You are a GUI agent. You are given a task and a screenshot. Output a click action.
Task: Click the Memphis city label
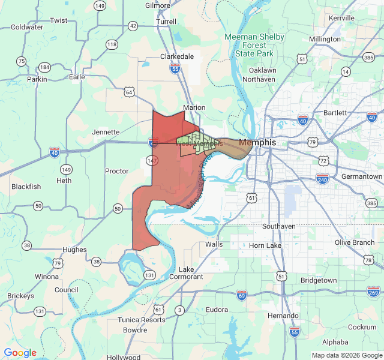(257, 143)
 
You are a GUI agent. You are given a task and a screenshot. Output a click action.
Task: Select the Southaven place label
(279, 226)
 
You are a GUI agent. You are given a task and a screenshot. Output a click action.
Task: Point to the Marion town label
(194, 108)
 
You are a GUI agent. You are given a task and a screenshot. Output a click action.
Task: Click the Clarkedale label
(177, 56)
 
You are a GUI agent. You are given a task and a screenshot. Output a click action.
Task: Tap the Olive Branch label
(355, 242)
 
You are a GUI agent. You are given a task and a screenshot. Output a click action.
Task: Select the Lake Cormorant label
(187, 273)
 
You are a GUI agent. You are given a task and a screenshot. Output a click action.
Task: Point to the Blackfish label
(26, 187)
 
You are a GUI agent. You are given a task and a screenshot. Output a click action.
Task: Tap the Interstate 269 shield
(373, 292)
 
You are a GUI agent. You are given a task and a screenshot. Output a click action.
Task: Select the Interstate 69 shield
(242, 295)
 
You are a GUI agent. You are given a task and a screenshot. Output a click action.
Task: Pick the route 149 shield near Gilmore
(100, 5)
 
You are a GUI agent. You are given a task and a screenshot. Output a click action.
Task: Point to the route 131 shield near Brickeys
(40, 311)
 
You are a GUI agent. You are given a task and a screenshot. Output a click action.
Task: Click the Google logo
(20, 353)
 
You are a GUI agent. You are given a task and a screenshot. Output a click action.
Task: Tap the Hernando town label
(283, 316)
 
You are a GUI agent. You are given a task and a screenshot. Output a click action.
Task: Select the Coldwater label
(27, 27)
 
